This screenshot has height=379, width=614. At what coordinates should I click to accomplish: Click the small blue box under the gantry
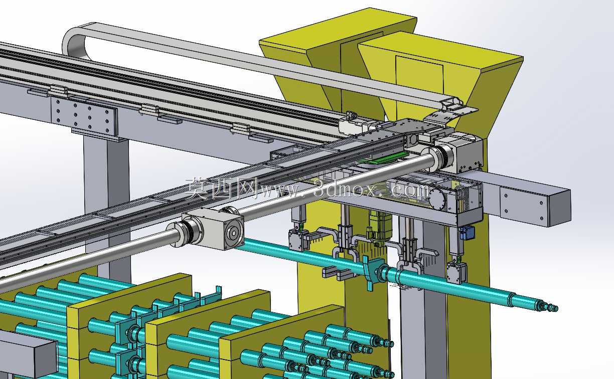coord(467,233)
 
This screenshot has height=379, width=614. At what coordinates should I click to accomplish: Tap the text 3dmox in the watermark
coord(345,188)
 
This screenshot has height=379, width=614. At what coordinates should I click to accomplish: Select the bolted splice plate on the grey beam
coord(84,116)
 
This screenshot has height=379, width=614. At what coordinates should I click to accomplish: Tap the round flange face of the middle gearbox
coord(234,233)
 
